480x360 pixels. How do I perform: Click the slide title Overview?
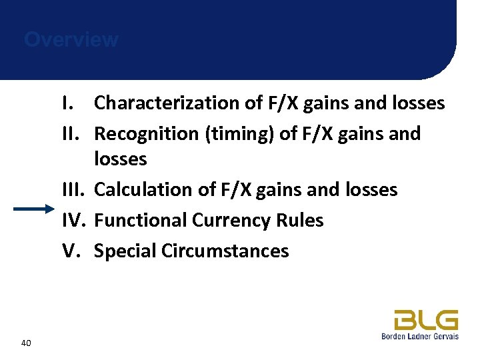click(x=71, y=40)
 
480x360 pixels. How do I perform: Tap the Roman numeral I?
click(x=66, y=103)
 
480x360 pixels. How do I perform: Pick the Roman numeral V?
click(x=71, y=251)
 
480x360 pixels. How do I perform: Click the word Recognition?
click(x=147, y=134)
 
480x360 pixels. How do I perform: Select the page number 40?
click(x=26, y=343)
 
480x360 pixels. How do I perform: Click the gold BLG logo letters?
click(x=425, y=320)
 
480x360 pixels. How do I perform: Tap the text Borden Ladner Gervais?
click(x=419, y=336)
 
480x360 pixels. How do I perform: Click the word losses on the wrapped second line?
click(x=121, y=159)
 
